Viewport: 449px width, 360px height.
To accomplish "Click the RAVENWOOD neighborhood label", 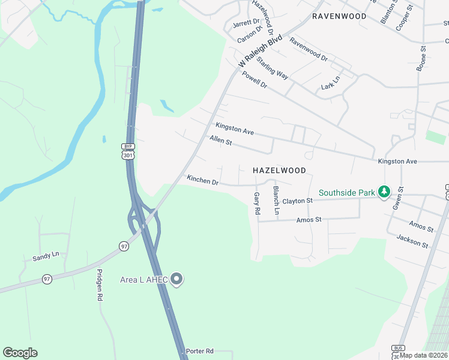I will point(339,16).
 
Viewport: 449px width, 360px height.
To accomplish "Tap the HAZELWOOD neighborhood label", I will point(279,170).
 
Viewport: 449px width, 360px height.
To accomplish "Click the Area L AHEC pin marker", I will point(176,279).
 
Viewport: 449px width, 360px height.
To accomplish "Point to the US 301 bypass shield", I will point(127,152).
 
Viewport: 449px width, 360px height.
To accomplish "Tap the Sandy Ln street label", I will point(46,256).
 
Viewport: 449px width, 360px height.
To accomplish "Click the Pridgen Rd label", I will point(100,285).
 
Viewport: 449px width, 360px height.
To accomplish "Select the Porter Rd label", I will point(200,351).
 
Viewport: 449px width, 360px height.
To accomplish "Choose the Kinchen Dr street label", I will point(202,180).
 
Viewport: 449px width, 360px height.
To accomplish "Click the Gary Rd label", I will point(257,203).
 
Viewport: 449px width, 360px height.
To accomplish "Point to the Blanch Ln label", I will point(276,200).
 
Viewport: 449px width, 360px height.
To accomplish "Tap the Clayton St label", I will point(298,201).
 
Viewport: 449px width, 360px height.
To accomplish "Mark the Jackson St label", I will point(412,241).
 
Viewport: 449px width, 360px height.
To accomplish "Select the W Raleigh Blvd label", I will point(260,51).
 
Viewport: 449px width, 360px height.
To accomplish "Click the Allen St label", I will point(221,140).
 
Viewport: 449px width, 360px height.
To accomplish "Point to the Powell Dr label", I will point(254,79).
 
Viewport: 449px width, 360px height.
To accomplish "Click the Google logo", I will point(20,353).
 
